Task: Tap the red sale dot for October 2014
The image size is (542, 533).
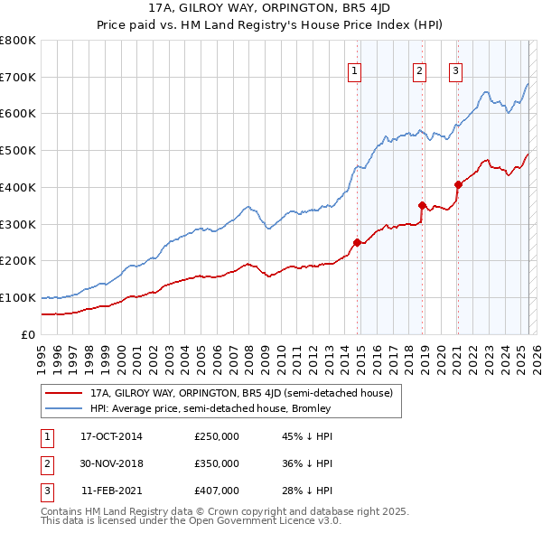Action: [x=358, y=242]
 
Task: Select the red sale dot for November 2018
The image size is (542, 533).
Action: [x=423, y=205]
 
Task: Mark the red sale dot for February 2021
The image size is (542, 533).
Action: [x=458, y=184]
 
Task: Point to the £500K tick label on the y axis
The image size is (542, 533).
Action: [x=17, y=151]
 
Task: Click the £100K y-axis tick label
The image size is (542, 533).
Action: [x=17, y=298]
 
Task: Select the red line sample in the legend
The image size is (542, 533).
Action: [x=63, y=394]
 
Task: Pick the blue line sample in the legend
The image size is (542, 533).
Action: [x=63, y=408]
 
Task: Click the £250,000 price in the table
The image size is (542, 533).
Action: [x=217, y=436]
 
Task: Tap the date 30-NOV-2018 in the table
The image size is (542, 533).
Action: [x=112, y=463]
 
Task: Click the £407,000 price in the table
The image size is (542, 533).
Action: [x=217, y=491]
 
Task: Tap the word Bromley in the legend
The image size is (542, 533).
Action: [x=313, y=408]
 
